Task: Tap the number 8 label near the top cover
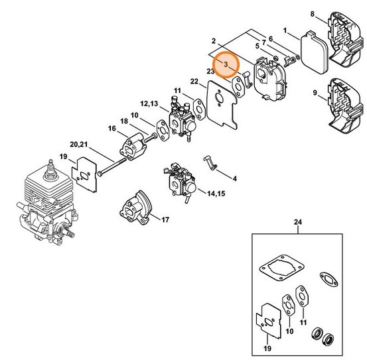(x=331, y=13)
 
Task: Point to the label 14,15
(x=197, y=194)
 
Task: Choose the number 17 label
(x=165, y=219)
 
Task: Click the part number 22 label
(x=194, y=82)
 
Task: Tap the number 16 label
(x=112, y=128)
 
